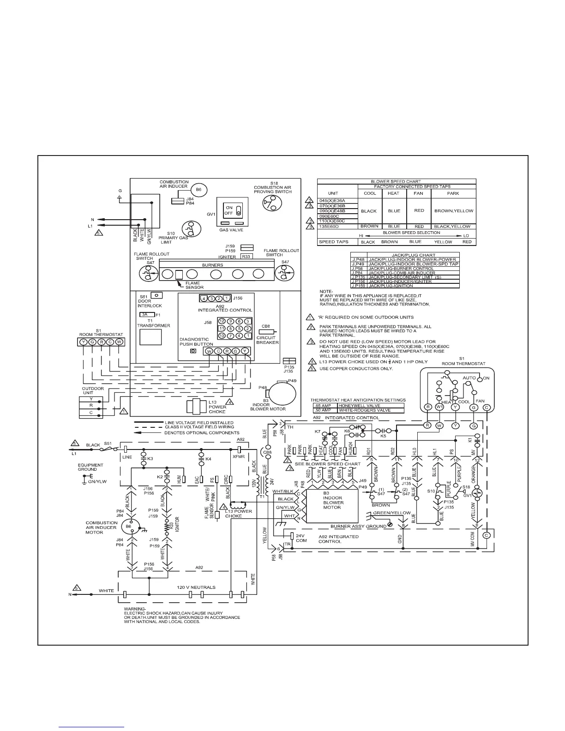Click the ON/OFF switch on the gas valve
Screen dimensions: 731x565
[238, 210]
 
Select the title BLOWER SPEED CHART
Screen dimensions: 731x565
[396, 182]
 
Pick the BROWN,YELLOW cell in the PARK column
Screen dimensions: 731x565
[453, 211]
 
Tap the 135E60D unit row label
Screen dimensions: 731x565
[332, 227]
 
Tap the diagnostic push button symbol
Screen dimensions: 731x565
[193, 351]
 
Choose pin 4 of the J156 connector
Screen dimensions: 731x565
[204, 298]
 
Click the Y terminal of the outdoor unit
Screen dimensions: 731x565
[91, 398]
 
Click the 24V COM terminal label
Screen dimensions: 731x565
[301, 538]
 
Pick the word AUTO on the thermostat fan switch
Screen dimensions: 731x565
[469, 377]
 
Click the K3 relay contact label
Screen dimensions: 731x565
[150, 459]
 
